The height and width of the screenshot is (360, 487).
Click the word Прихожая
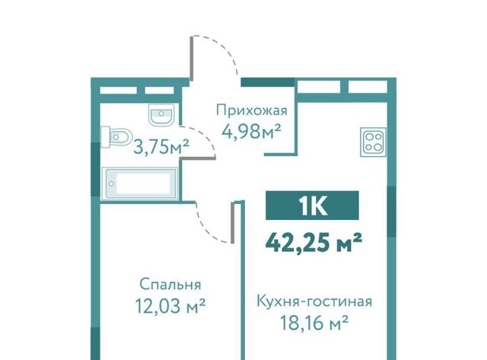click(252, 110)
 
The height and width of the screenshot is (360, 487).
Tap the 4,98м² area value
click(251, 132)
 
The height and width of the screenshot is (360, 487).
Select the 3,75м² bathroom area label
click(161, 147)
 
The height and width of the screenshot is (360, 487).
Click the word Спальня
click(170, 284)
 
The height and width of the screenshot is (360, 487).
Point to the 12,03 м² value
click(170, 306)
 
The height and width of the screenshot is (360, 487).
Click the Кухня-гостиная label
click(314, 301)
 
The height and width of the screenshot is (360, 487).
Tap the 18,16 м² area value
click(314, 323)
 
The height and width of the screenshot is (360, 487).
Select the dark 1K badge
click(312, 205)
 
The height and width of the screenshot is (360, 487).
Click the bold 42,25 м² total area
click(314, 243)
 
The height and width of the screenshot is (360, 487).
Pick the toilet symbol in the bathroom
click(116, 136)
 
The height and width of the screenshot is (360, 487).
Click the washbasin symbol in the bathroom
click(161, 115)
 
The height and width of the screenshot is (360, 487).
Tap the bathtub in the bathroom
click(140, 183)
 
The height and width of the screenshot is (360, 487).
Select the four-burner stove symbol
click(373, 142)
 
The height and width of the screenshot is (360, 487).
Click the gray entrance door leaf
click(192, 59)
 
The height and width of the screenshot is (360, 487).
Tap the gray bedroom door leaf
click(232, 222)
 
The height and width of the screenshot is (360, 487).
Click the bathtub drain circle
click(111, 183)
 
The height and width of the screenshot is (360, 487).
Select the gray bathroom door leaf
click(198, 159)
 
